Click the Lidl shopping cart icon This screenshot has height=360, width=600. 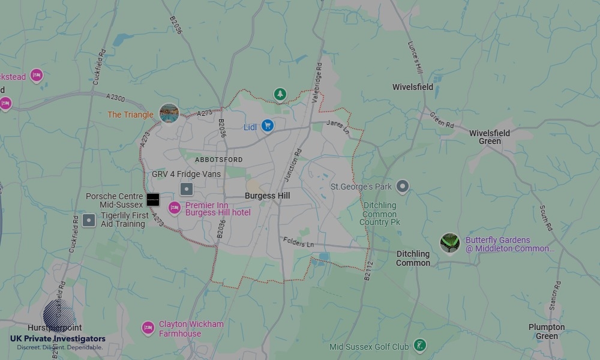268,126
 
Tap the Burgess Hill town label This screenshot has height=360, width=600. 268,196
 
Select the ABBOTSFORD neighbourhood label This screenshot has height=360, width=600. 219,160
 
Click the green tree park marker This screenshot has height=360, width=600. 280,94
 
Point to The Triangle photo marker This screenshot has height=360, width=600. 169,113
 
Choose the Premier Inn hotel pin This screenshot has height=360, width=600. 175,208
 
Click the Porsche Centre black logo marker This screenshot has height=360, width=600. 153,199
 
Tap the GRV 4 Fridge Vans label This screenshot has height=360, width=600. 186,174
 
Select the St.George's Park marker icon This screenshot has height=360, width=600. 403,187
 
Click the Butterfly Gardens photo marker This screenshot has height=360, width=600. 449,243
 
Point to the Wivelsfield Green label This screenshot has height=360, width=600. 490,137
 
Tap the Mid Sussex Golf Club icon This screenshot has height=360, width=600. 421,345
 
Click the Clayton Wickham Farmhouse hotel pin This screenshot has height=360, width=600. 148,328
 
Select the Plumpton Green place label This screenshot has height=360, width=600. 547,331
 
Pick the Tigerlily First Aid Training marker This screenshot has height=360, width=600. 89,220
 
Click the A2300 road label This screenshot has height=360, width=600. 115,98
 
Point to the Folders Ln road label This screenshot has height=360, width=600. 298,242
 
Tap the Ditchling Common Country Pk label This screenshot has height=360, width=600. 380,214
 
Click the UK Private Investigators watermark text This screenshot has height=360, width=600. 58,339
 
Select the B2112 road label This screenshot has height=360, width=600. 368,270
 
